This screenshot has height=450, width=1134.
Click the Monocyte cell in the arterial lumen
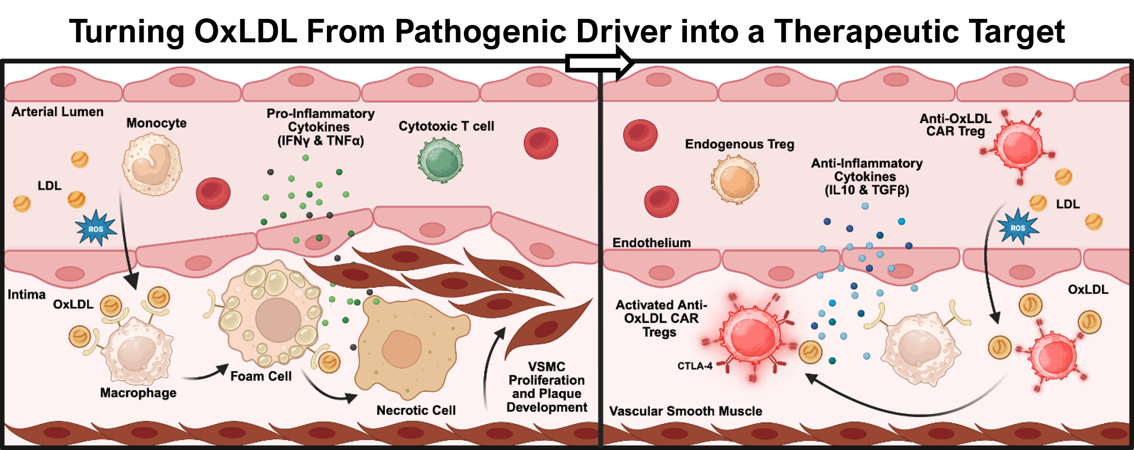(x=152, y=164)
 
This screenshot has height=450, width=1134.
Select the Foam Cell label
(x=261, y=376)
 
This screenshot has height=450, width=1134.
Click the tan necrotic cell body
(x=407, y=347)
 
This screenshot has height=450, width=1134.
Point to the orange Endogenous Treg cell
(x=735, y=180)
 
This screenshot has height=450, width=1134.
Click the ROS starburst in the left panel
(x=96, y=229)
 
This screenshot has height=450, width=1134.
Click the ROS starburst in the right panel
(x=1017, y=228)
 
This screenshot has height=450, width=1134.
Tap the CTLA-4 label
(x=695, y=366)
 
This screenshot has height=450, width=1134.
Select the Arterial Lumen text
(x=58, y=112)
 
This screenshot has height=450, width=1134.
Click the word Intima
(x=26, y=295)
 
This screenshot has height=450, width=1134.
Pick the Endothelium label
(x=651, y=243)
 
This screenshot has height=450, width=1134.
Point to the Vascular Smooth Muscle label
(x=685, y=411)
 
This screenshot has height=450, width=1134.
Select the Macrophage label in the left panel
(x=138, y=392)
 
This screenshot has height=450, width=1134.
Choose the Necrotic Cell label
(x=416, y=410)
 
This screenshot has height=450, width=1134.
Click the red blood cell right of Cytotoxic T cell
(x=541, y=143)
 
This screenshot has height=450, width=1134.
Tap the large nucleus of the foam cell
(x=278, y=320)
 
